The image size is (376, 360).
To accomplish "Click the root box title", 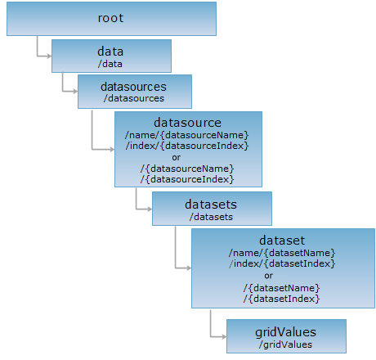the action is (x=110, y=18).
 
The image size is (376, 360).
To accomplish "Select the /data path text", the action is (x=110, y=64).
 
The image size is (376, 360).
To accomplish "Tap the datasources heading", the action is (x=133, y=87).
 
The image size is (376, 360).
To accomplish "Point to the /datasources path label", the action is (x=134, y=98).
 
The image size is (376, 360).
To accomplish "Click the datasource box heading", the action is (x=187, y=123).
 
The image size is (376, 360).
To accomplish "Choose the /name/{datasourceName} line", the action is (x=187, y=135).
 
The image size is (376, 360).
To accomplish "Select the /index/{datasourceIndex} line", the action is (x=187, y=146).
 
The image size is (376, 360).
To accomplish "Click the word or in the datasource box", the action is (x=176, y=158).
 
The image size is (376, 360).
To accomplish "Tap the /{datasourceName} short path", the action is (x=187, y=169).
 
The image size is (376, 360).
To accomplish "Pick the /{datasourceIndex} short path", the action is (x=187, y=179).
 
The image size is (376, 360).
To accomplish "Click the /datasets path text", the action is (x=211, y=217).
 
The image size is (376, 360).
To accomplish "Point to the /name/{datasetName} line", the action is (x=282, y=253).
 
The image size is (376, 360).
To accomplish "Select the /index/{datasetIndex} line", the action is (x=282, y=263).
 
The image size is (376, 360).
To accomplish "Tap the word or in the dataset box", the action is (x=268, y=276).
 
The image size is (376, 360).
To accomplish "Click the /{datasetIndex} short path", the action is (x=281, y=299).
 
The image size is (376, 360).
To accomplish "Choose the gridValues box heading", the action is (x=285, y=332).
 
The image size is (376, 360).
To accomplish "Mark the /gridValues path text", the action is (x=285, y=344).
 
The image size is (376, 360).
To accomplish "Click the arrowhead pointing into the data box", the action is (x=49, y=56).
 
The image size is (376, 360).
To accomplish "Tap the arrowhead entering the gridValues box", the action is (x=224, y=337).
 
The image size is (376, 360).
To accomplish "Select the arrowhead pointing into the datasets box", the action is (x=150, y=209).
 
